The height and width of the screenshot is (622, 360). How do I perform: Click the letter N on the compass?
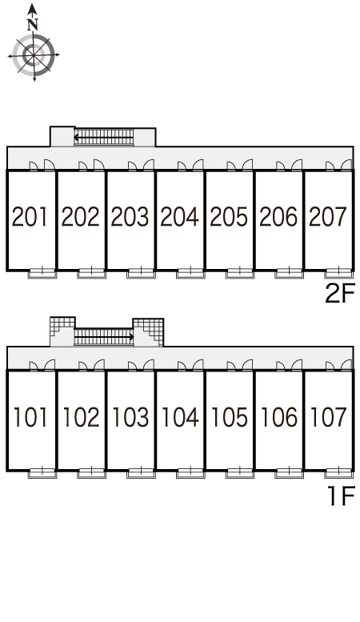(x=33, y=25)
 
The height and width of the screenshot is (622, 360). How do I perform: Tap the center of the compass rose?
(x=34, y=54)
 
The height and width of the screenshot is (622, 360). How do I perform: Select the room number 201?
(x=30, y=217)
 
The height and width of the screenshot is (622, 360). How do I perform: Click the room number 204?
(x=179, y=217)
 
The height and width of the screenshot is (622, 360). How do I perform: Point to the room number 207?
(x=328, y=217)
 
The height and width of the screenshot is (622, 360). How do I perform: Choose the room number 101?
(x=31, y=417)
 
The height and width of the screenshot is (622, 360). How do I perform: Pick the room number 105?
(x=229, y=417)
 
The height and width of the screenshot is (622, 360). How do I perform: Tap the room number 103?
(x=130, y=417)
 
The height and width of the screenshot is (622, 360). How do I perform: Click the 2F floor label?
(x=339, y=294)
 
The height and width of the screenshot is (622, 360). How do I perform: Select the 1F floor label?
(x=342, y=496)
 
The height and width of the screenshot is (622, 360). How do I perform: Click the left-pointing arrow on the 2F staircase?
(x=103, y=138)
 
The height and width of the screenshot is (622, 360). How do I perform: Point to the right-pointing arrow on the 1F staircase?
(x=104, y=338)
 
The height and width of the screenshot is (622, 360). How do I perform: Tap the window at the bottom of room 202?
(x=91, y=273)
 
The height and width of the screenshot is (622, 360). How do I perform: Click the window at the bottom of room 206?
(x=290, y=273)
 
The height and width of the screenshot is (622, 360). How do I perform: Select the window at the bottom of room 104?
(x=190, y=473)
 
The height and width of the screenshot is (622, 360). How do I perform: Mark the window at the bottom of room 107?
(x=339, y=473)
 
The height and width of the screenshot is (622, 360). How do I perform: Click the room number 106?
(x=279, y=417)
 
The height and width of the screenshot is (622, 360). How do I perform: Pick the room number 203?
(x=130, y=217)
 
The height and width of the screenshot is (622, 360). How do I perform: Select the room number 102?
(x=81, y=417)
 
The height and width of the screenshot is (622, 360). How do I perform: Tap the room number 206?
(x=278, y=217)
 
